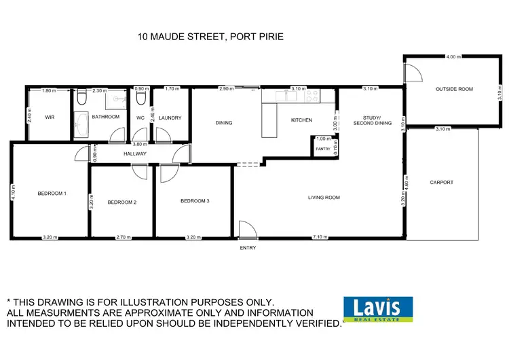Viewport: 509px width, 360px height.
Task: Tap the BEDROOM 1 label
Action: coord(52,194)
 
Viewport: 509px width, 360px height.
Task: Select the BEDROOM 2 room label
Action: coord(122,202)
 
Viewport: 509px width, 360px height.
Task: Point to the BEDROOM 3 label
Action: coord(195,200)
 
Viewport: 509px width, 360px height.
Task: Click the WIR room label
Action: coord(50,117)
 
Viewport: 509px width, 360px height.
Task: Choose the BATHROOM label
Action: coord(106,117)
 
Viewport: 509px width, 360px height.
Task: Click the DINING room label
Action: coord(224,123)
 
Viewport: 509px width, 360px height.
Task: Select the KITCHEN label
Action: coord(301,120)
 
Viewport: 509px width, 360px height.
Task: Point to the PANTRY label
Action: coord(323,148)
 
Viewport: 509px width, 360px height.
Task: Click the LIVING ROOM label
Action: coord(324,198)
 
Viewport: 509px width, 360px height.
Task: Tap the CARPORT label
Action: coord(441,182)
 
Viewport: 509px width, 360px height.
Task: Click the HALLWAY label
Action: coord(135,154)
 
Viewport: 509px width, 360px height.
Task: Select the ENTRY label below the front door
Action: coord(247,248)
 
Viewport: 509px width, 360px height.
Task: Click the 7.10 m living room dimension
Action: coord(320,237)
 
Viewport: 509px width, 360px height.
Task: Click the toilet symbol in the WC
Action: coord(140,98)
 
